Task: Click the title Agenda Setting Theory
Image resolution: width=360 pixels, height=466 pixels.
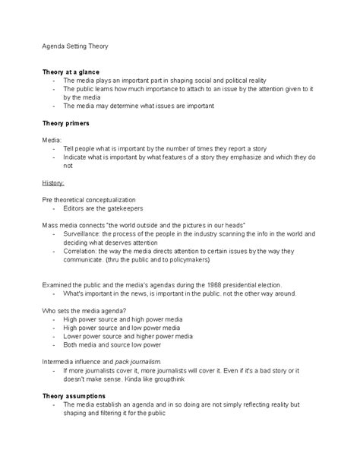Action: [74, 46]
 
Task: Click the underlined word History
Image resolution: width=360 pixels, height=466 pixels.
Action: [53, 182]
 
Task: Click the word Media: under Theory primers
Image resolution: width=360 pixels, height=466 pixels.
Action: [51, 139]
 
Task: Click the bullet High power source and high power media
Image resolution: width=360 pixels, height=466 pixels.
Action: [131, 320]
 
